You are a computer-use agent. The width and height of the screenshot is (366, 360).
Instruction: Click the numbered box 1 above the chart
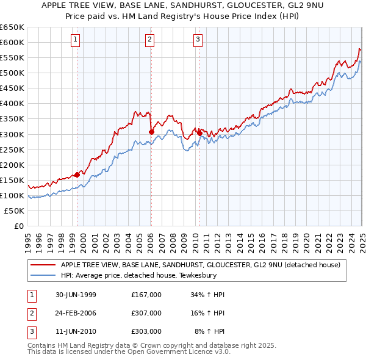tap(75, 40)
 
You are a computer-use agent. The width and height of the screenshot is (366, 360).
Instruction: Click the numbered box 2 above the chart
tap(149, 40)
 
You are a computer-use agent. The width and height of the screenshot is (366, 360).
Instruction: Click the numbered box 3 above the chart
tap(198, 40)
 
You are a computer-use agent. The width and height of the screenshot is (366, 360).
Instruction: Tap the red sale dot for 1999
tap(77, 175)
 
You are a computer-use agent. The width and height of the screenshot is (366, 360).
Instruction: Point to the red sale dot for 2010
tap(199, 132)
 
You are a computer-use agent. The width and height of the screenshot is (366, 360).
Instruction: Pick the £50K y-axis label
tap(14, 211)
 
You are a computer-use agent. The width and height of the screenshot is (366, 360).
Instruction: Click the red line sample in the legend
tap(43, 265)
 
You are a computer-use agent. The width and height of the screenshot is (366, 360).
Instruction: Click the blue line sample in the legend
tap(43, 275)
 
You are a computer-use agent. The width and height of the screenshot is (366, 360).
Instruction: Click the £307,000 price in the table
tap(146, 313)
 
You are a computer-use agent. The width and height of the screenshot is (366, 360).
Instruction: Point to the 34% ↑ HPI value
tap(208, 294)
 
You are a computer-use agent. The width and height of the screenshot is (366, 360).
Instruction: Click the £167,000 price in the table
tap(146, 294)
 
